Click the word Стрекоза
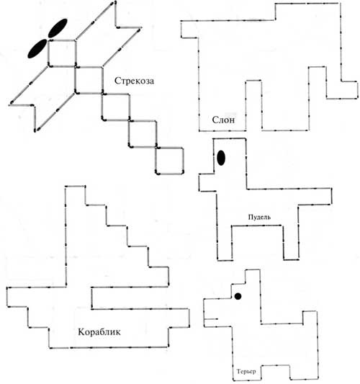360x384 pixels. click(x=134, y=81)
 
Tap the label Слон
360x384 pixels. click(x=223, y=120)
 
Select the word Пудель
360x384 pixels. click(x=259, y=217)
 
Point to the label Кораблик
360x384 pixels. click(x=99, y=332)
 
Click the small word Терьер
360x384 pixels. click(x=246, y=371)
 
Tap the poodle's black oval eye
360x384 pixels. click(x=221, y=158)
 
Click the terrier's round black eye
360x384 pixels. click(x=238, y=296)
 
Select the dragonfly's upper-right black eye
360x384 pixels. click(x=58, y=28)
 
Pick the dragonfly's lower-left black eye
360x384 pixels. click(x=37, y=48)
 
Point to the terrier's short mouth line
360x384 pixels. click(x=211, y=319)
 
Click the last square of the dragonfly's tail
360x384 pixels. click(x=169, y=161)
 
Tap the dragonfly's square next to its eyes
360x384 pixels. click(x=62, y=53)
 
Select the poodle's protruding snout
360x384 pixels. click(x=207, y=182)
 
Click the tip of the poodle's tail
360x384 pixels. click(x=331, y=196)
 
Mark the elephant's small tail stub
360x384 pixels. click(x=189, y=30)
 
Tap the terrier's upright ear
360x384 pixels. click(x=253, y=277)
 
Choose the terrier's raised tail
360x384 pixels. click(x=310, y=318)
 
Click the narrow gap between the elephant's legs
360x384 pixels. click(x=253, y=105)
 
